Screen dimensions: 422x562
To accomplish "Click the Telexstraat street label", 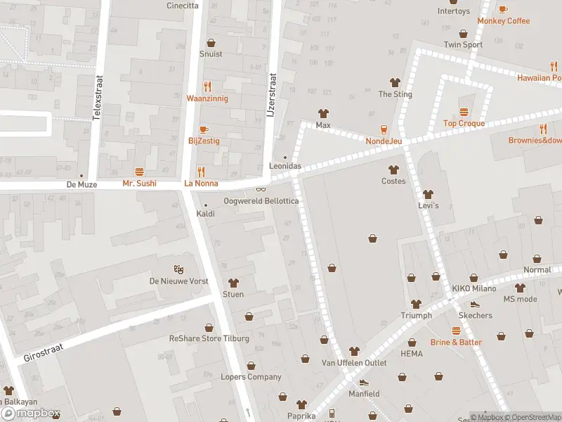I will point(98,98).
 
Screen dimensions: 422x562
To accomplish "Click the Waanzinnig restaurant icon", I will point(207,87).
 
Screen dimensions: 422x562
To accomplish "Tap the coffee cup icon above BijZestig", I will point(204,129).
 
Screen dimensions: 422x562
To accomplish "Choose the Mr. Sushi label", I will point(139,184).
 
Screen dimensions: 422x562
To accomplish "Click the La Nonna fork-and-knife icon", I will point(201,172).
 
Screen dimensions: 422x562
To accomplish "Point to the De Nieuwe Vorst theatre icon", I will point(179,269).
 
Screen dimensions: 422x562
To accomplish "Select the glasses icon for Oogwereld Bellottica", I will point(261,189).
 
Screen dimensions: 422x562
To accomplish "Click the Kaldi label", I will point(205,213).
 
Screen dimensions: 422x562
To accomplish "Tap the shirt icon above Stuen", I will point(233,283).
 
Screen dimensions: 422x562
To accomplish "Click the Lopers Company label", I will point(250,377).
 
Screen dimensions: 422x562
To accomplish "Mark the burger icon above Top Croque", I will point(464,112).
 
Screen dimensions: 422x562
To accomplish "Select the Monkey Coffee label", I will point(503,21).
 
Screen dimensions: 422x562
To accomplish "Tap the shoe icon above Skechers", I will point(475,305).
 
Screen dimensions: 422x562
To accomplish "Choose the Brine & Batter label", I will point(456,342).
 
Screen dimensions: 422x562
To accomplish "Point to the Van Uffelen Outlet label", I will point(354,363).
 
